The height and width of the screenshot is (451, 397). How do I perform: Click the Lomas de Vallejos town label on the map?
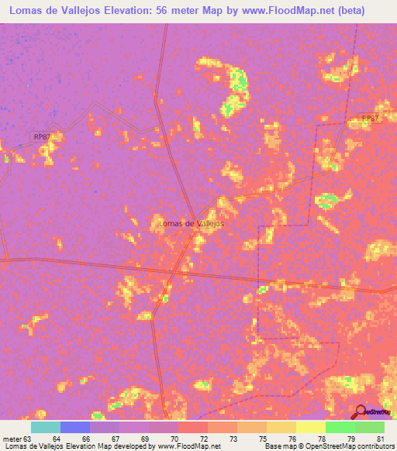191,224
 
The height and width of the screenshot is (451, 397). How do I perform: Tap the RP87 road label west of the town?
42,136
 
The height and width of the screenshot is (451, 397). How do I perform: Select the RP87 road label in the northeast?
370,119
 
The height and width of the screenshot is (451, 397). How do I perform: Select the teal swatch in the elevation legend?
46,427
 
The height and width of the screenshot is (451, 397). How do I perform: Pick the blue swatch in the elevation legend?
75,427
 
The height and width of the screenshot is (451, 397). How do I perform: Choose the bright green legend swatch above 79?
340,427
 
